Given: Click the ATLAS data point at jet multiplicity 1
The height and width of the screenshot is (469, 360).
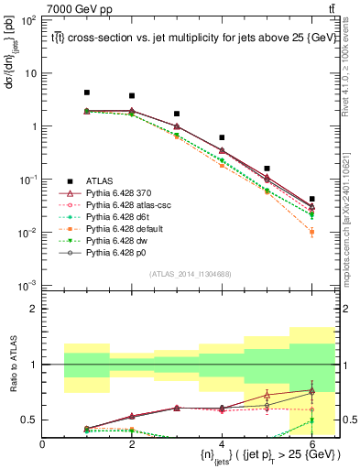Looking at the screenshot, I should pos(87,93).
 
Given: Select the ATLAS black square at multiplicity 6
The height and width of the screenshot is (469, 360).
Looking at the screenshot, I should pos(311,199).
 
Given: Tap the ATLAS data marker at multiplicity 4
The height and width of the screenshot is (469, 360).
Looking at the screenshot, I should pos(222,137).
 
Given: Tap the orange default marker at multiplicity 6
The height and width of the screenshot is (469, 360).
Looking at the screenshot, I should pos(311,232).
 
